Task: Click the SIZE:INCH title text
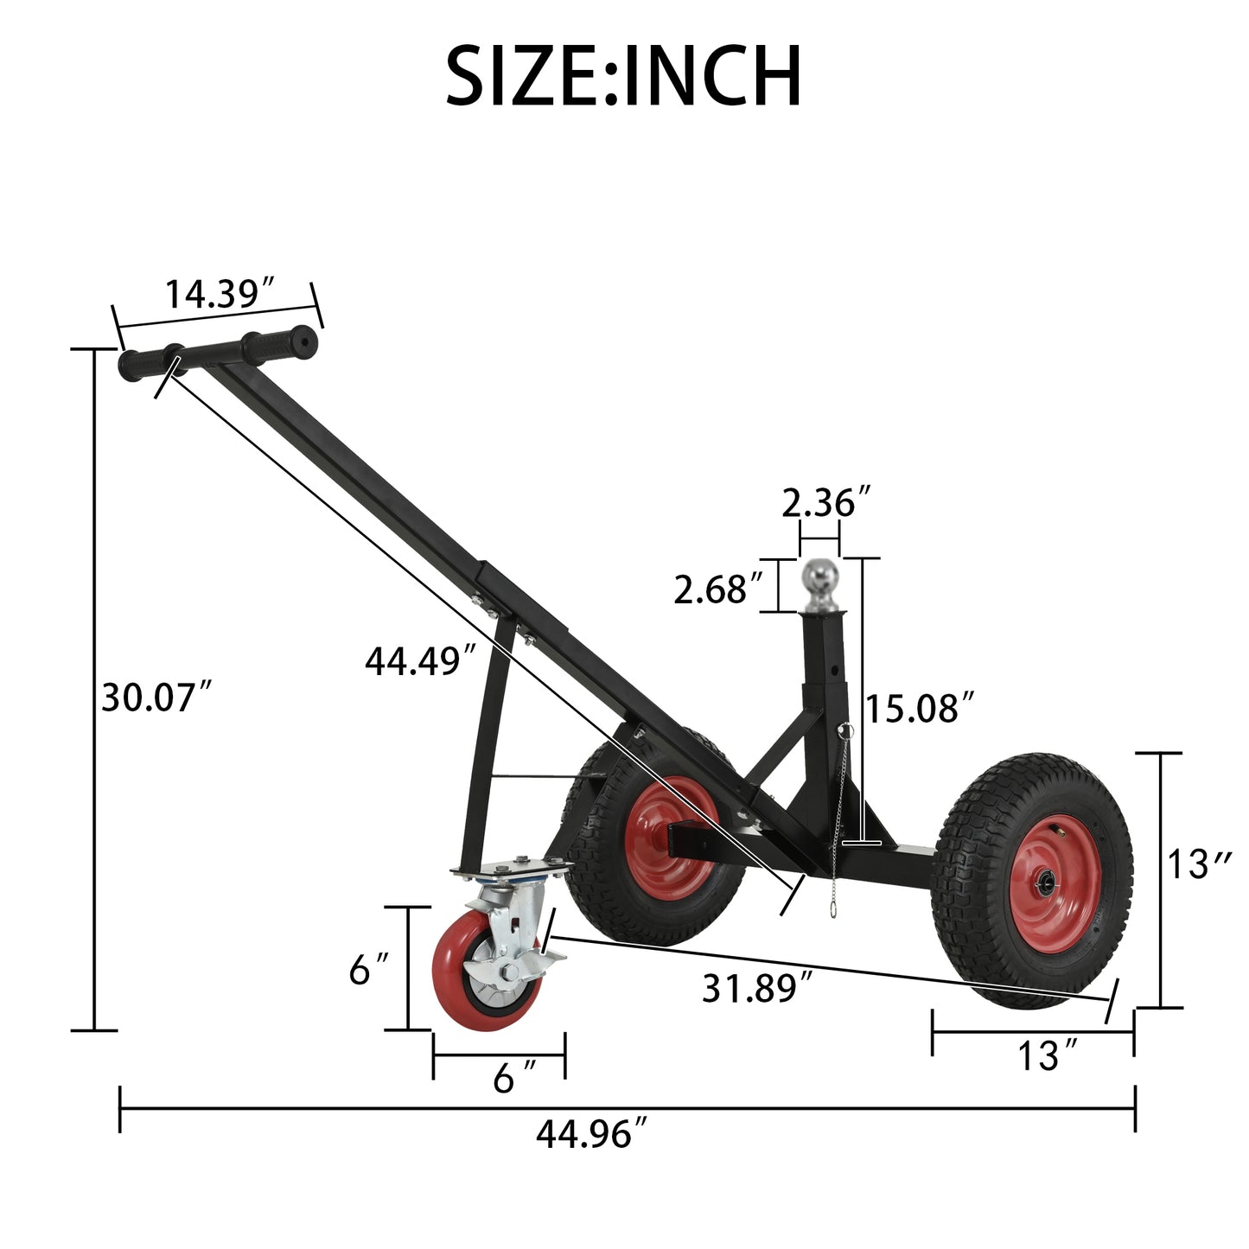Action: (623, 77)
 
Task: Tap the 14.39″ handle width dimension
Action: (220, 294)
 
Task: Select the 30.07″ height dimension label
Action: (156, 697)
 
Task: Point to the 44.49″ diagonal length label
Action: (420, 662)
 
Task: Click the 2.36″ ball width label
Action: (825, 502)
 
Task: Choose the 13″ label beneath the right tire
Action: (1048, 1056)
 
